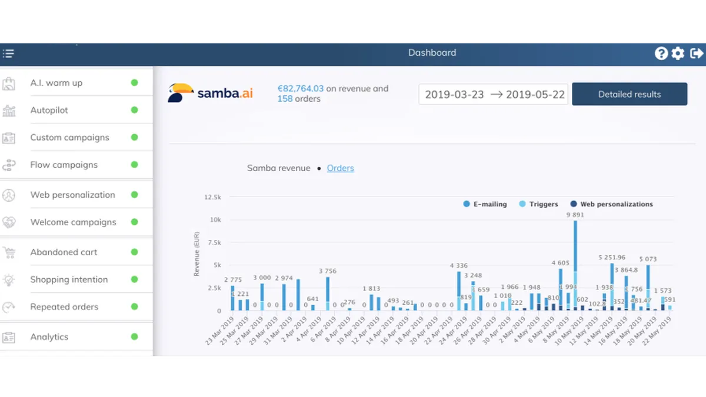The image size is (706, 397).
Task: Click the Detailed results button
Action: pyautogui.click(x=629, y=94)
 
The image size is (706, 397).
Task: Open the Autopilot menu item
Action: pyautogui.click(x=49, y=110)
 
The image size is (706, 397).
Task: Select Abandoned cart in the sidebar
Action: pyautogui.click(x=64, y=252)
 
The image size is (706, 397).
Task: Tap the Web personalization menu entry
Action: pyautogui.click(x=72, y=195)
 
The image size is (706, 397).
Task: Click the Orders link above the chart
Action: pyautogui.click(x=340, y=168)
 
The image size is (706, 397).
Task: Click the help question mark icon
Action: pyautogui.click(x=661, y=54)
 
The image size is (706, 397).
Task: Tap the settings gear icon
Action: pyautogui.click(x=678, y=54)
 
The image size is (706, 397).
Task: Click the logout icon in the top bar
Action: pyautogui.click(x=696, y=54)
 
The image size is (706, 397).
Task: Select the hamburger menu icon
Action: pyautogui.click(x=8, y=54)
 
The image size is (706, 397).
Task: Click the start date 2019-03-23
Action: pyautogui.click(x=454, y=94)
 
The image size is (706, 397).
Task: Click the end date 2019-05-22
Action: pyautogui.click(x=535, y=94)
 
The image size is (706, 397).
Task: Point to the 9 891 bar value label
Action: pyautogui.click(x=575, y=215)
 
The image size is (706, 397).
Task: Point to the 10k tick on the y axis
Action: pyautogui.click(x=215, y=220)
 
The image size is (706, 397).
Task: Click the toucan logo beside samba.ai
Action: pyautogui.click(x=180, y=93)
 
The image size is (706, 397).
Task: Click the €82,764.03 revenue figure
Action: pyautogui.click(x=301, y=89)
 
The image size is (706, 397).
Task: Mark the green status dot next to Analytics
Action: pyautogui.click(x=134, y=337)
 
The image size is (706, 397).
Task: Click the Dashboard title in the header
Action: pyautogui.click(x=432, y=53)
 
